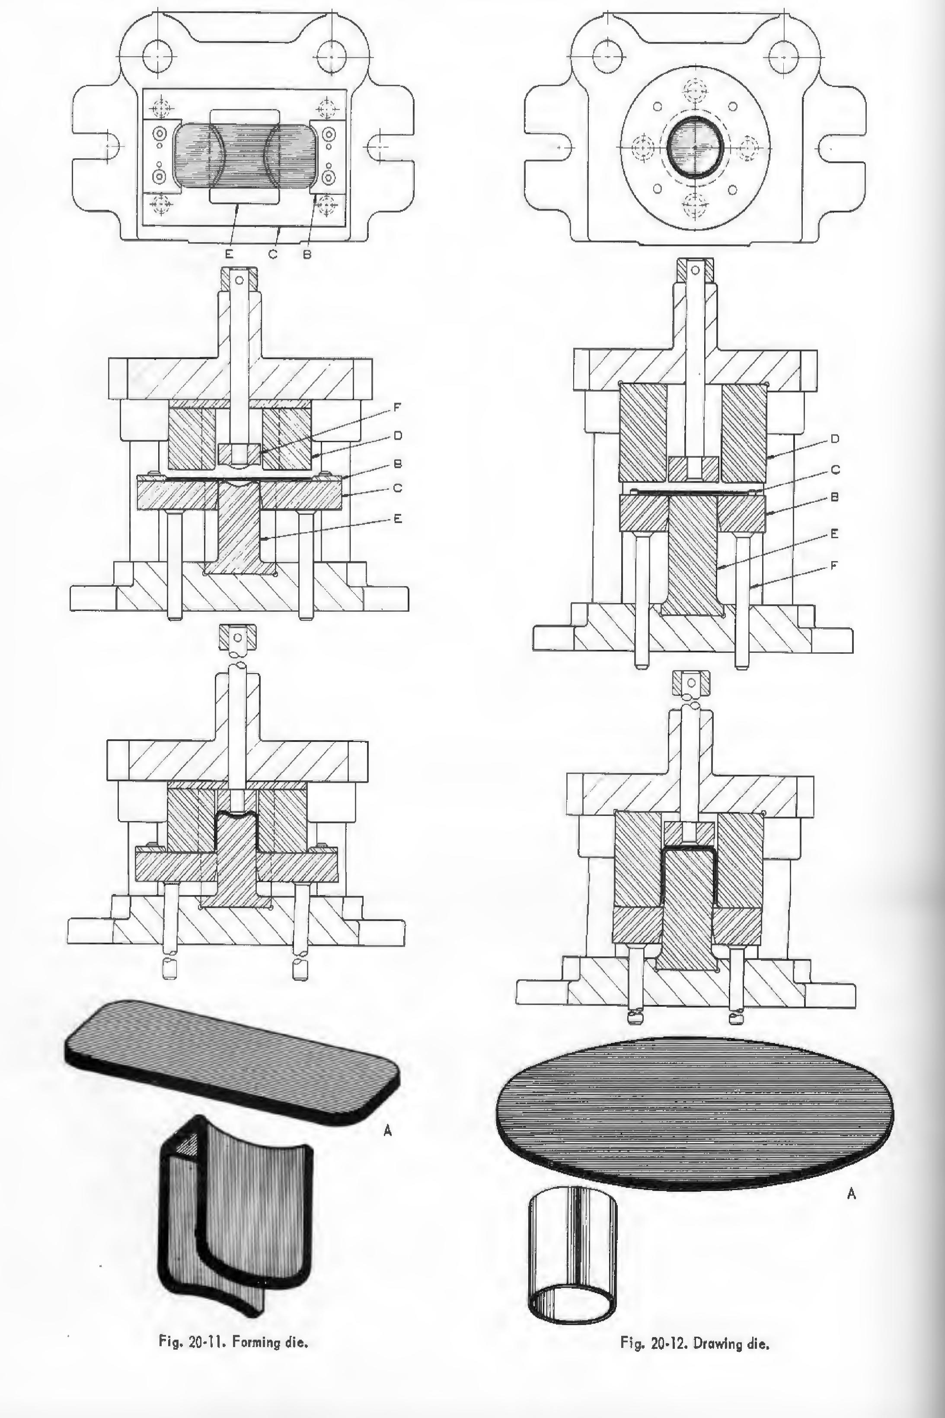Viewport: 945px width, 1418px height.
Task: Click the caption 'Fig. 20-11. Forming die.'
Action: coord(233,1341)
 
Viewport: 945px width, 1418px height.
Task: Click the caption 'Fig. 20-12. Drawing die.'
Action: coord(694,1343)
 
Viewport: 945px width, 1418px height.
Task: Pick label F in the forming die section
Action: coord(397,407)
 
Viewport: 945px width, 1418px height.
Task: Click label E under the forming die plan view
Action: coord(229,254)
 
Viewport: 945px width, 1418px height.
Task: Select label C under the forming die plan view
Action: coord(273,254)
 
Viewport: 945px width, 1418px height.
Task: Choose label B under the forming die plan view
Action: coord(307,254)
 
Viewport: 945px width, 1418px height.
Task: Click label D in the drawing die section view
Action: coord(835,439)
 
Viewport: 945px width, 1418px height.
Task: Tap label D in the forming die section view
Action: coord(397,435)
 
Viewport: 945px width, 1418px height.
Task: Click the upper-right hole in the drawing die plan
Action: coord(784,57)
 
